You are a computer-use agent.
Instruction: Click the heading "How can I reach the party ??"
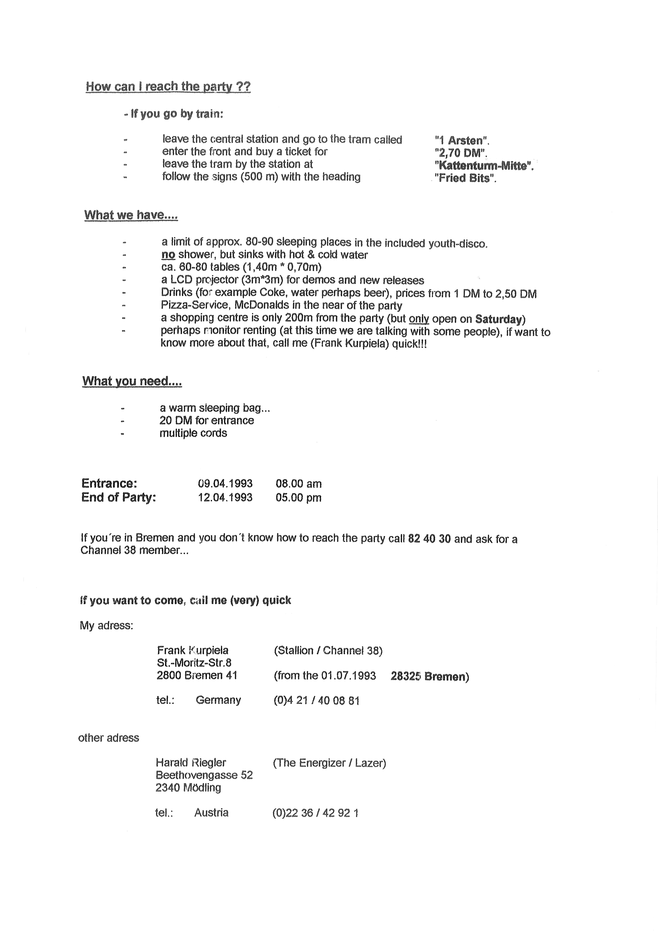(168, 87)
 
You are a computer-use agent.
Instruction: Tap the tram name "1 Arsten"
(462, 141)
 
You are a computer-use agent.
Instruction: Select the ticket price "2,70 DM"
(460, 153)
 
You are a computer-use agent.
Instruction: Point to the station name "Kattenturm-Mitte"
(483, 166)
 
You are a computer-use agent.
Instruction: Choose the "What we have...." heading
(131, 215)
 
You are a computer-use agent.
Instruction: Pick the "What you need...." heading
(132, 381)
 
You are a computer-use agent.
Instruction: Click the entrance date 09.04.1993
(225, 484)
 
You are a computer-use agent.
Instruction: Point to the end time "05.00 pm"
(298, 498)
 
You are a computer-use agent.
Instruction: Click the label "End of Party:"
(118, 497)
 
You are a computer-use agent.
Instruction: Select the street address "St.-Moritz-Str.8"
(194, 663)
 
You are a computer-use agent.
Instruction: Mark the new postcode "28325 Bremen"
(430, 677)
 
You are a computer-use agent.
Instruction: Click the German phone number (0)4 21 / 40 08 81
(316, 701)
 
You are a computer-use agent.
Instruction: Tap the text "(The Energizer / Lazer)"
(329, 763)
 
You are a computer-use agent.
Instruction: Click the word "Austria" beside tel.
(211, 813)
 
